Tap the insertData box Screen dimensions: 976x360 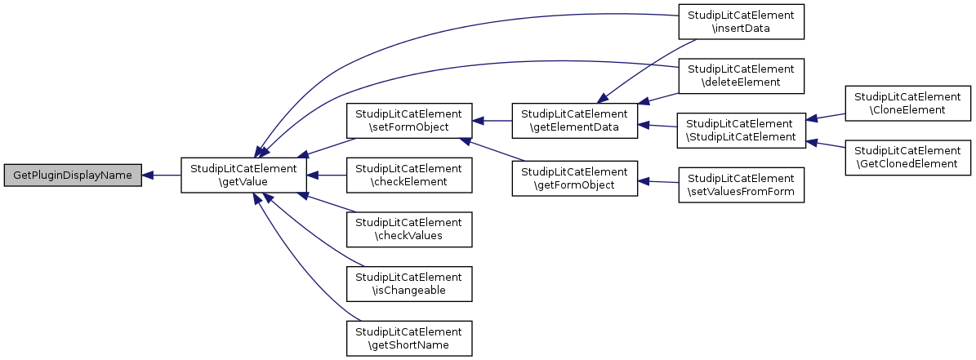point(741,22)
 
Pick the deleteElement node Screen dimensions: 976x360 point(741,76)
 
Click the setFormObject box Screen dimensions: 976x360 point(409,122)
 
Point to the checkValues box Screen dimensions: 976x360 point(409,229)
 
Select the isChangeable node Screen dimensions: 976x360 point(409,283)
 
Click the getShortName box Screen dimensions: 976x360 point(409,338)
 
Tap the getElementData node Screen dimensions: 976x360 point(575,122)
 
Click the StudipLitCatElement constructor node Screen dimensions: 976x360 point(741,130)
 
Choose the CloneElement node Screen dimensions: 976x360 point(907,103)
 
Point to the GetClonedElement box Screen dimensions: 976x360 point(907,158)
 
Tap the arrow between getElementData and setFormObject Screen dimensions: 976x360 point(492,122)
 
